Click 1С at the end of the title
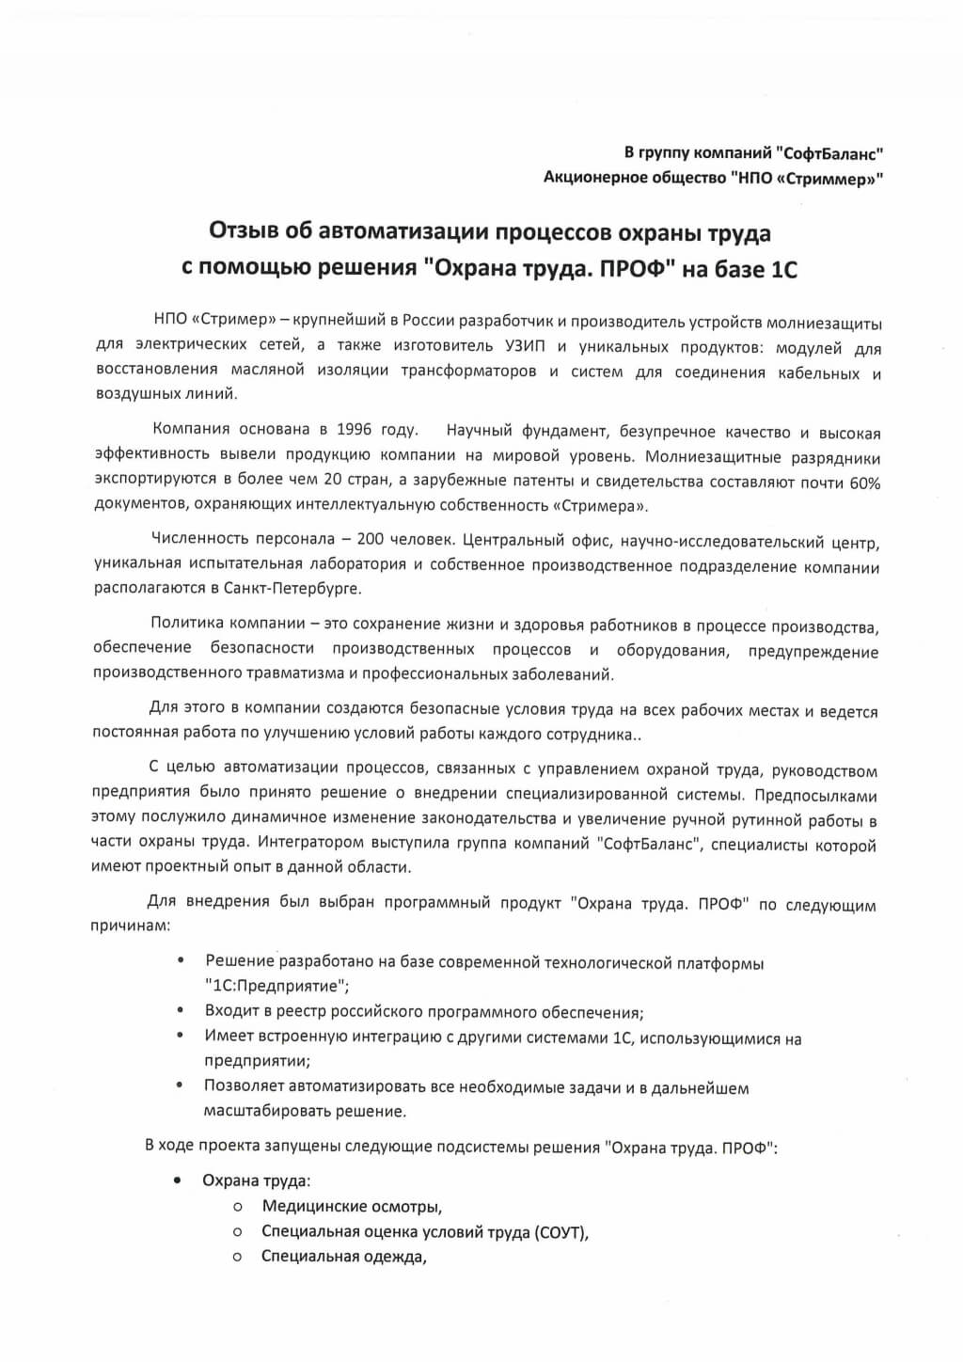point(783,269)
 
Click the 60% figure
point(863,483)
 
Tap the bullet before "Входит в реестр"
point(181,1010)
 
